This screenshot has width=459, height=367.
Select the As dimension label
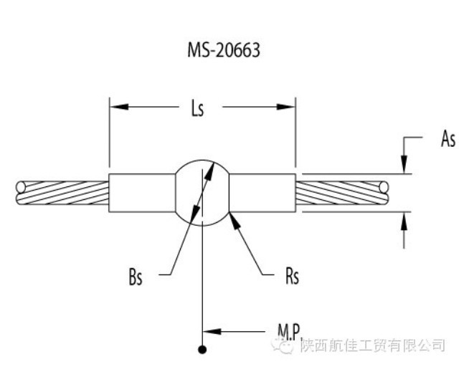click(447, 139)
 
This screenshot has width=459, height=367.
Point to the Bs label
click(136, 277)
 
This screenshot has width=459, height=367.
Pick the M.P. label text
click(290, 332)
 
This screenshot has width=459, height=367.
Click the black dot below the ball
click(203, 349)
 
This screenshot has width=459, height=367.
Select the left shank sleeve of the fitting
click(142, 193)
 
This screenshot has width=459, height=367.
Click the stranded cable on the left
click(62, 194)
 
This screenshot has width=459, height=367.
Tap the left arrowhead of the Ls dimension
click(117, 108)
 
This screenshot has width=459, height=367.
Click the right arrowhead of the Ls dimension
click(288, 108)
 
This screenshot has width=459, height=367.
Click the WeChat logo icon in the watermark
click(285, 346)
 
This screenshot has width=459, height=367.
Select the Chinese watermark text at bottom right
click(372, 346)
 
